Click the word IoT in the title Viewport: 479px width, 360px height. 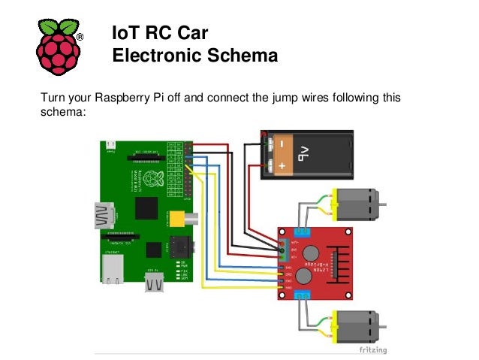127,33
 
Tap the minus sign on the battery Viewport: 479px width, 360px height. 281,143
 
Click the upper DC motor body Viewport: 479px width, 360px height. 359,204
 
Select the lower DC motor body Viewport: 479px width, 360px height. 359,324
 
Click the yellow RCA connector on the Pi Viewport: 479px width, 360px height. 179,219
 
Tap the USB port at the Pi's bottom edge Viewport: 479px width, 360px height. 155,282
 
